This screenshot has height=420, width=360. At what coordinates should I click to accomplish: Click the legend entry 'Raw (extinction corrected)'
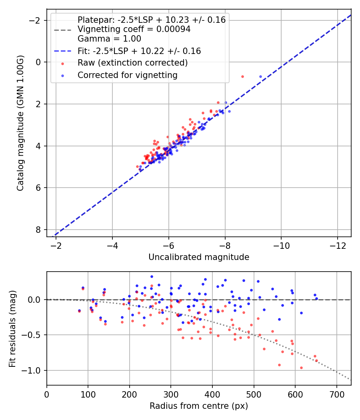pyautogui.click(x=132, y=63)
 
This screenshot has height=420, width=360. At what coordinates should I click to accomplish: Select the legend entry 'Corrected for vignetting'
pyautogui.click(x=128, y=75)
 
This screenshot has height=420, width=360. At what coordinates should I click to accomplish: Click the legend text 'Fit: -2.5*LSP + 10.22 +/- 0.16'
pyautogui.click(x=139, y=51)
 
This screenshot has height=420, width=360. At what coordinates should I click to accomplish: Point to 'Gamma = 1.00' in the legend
pyautogui.click(x=109, y=39)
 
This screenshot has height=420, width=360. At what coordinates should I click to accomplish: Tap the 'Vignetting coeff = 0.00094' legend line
pyautogui.click(x=134, y=29)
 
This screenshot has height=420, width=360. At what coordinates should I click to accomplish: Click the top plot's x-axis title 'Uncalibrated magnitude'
pyautogui.click(x=199, y=257)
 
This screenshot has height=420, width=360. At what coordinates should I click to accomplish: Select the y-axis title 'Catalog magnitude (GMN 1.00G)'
pyautogui.click(x=21, y=123)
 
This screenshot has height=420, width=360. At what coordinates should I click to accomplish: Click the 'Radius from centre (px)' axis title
pyautogui.click(x=199, y=406)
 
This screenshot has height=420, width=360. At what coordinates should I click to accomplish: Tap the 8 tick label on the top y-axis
pyautogui.click(x=38, y=230)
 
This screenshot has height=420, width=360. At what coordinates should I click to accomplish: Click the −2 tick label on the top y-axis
pyautogui.click(x=36, y=20)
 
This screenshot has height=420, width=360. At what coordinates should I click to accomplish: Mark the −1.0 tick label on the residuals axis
pyautogui.click(x=32, y=370)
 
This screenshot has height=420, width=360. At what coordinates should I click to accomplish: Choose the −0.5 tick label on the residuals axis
pyautogui.click(x=32, y=335)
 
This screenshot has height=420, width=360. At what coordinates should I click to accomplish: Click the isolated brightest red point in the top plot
pyautogui.click(x=242, y=76)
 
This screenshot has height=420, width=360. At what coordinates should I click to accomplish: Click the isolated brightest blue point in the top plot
pyautogui.click(x=261, y=76)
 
